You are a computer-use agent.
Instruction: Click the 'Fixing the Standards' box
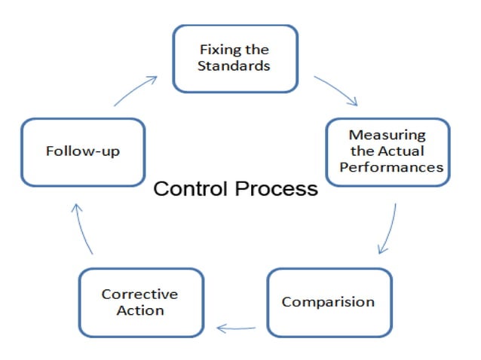(234, 58)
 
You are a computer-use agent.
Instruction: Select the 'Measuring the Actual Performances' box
(388, 151)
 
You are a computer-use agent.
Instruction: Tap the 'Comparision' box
(329, 302)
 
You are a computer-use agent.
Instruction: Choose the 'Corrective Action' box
(141, 302)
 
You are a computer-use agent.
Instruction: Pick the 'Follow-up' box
(82, 151)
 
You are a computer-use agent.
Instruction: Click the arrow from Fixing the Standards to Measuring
(336, 90)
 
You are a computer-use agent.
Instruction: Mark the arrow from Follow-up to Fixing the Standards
(137, 90)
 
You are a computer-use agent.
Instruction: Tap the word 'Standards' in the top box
(234, 66)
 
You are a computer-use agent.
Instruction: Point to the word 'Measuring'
(388, 136)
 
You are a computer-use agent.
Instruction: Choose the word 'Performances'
(391, 167)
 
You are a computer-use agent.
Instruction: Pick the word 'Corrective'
(139, 294)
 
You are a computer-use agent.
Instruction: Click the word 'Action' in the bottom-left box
(139, 310)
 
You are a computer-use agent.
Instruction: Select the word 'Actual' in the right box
(403, 151)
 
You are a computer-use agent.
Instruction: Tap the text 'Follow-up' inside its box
(82, 151)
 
